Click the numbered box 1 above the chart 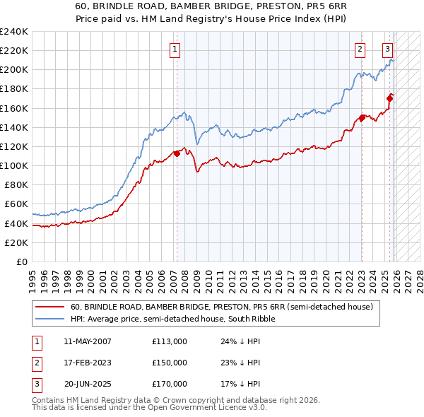pyautogui.click(x=175, y=49)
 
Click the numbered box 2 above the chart pyautogui.click(x=360, y=49)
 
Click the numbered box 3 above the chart pyautogui.click(x=388, y=49)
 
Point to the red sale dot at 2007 pyautogui.click(x=176, y=153)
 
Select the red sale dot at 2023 pyautogui.click(x=362, y=118)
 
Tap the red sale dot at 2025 pyautogui.click(x=389, y=99)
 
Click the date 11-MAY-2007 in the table pyautogui.click(x=88, y=341)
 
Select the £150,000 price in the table pyautogui.click(x=170, y=363)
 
